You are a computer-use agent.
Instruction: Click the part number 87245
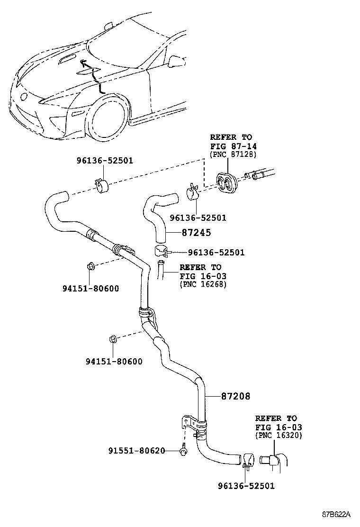pyautogui.click(x=196, y=233)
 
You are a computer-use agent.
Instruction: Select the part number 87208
pyautogui.click(x=235, y=396)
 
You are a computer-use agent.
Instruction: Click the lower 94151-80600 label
pyautogui.click(x=114, y=362)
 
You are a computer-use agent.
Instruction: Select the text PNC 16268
pyautogui.click(x=203, y=284)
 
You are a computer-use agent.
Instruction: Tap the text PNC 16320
pyautogui.click(x=279, y=436)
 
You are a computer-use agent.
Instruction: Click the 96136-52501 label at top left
pyautogui.click(x=104, y=161)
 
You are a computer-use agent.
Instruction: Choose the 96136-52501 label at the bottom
pyautogui.click(x=246, y=486)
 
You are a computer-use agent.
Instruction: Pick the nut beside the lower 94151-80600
pyautogui.click(x=113, y=339)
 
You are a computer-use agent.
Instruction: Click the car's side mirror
pyautogui.click(x=176, y=61)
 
